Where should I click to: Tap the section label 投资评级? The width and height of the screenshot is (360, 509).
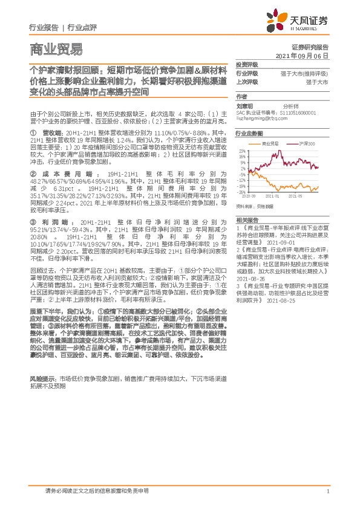coord(247,64)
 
